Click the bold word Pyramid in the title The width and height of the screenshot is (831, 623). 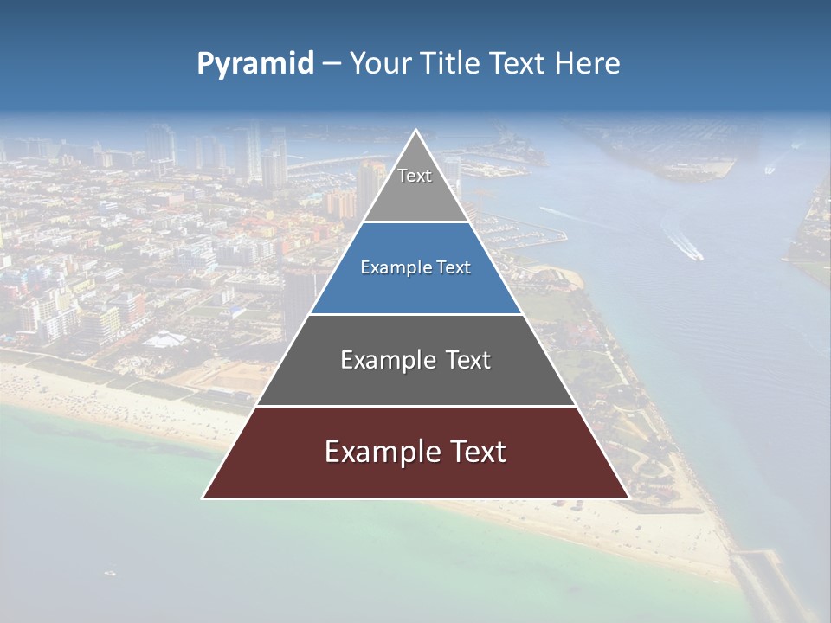click(255, 64)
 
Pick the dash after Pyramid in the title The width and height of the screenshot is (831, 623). click(331, 64)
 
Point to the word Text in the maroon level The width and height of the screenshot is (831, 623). click(474, 452)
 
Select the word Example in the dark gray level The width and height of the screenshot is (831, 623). click(386, 360)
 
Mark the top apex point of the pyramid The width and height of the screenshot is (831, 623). click(415, 131)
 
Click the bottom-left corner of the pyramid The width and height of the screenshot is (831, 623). click(203, 498)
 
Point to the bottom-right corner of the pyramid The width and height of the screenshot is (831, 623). click(628, 498)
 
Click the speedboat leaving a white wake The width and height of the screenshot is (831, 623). click(694, 254)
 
